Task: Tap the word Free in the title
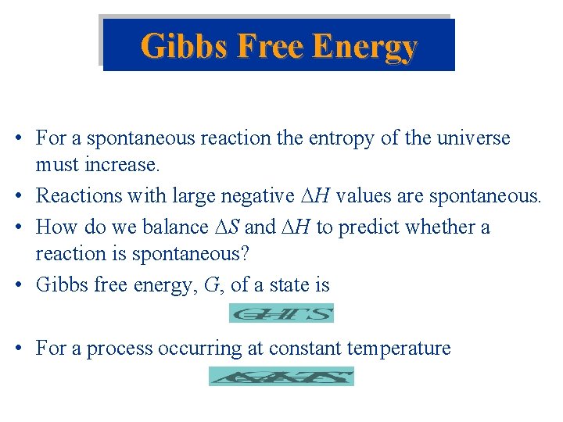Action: tap(263, 47)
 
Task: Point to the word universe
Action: tap(472, 139)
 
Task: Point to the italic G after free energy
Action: tap(210, 285)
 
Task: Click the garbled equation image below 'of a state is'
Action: tap(281, 313)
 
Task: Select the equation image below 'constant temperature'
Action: tap(281, 377)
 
